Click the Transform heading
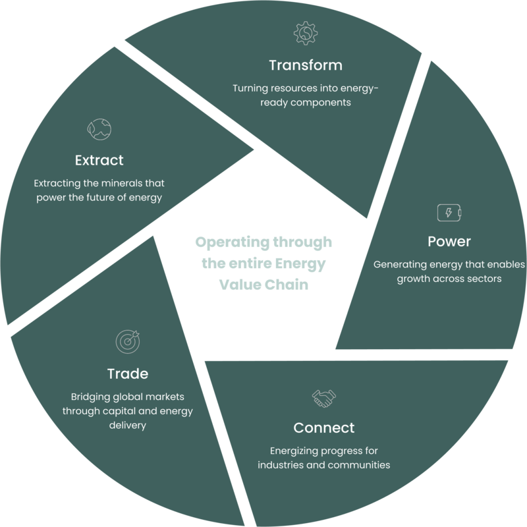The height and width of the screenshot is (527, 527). (x=306, y=65)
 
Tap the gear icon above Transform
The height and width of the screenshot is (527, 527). (x=306, y=32)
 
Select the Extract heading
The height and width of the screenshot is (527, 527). (x=99, y=160)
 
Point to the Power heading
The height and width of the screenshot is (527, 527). (x=449, y=242)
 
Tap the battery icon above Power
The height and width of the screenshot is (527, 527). (x=449, y=213)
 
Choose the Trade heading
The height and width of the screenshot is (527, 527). (x=127, y=374)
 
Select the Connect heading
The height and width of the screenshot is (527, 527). (x=323, y=428)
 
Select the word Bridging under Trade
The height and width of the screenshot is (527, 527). (x=90, y=398)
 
